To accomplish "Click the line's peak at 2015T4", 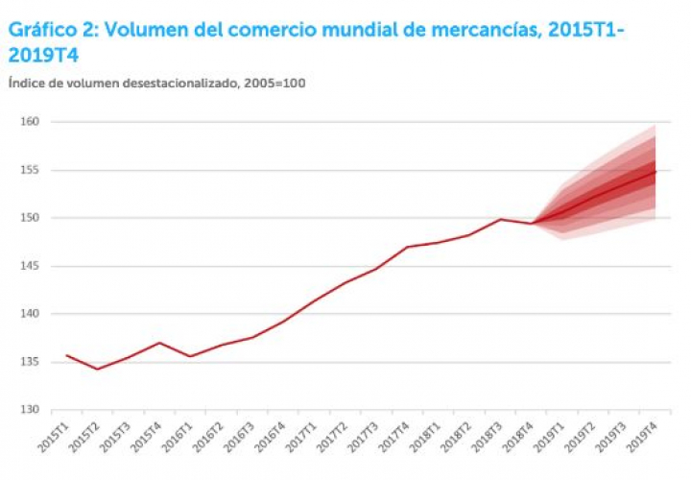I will coord(158,343).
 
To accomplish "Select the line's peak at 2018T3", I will coord(501,219).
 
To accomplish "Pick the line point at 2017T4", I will coord(409,247).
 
